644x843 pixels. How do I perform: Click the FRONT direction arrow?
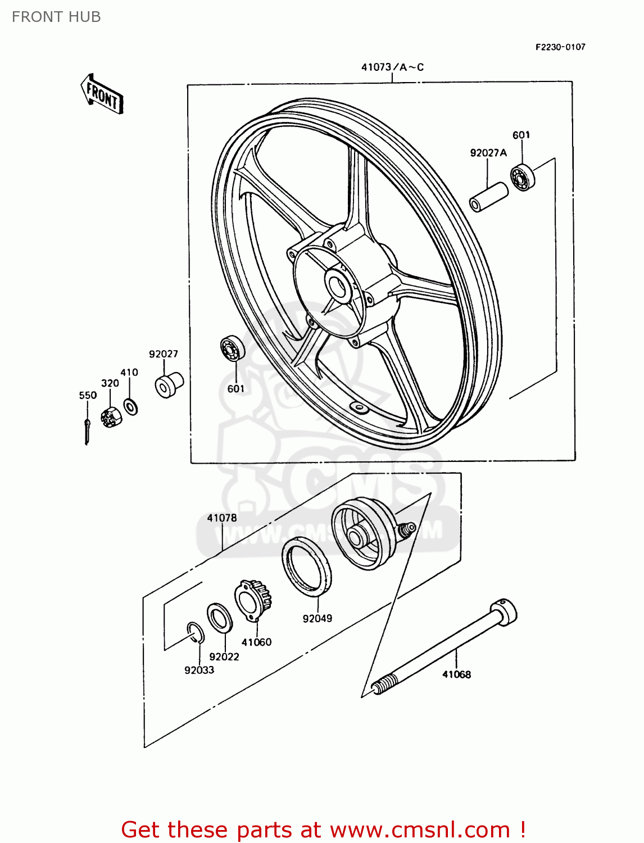(x=102, y=94)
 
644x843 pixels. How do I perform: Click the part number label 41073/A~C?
(x=392, y=67)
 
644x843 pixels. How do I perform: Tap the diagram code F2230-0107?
(x=560, y=47)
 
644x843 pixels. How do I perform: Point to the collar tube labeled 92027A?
(x=488, y=196)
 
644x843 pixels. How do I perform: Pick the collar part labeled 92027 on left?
(x=169, y=384)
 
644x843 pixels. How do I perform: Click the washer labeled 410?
(x=130, y=406)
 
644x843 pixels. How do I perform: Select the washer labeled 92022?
(x=220, y=618)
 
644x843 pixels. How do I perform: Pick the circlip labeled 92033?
(x=194, y=633)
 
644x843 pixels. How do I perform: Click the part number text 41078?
(x=222, y=518)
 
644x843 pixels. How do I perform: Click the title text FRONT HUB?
(x=56, y=17)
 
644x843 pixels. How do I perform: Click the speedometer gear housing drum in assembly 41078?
(x=361, y=533)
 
